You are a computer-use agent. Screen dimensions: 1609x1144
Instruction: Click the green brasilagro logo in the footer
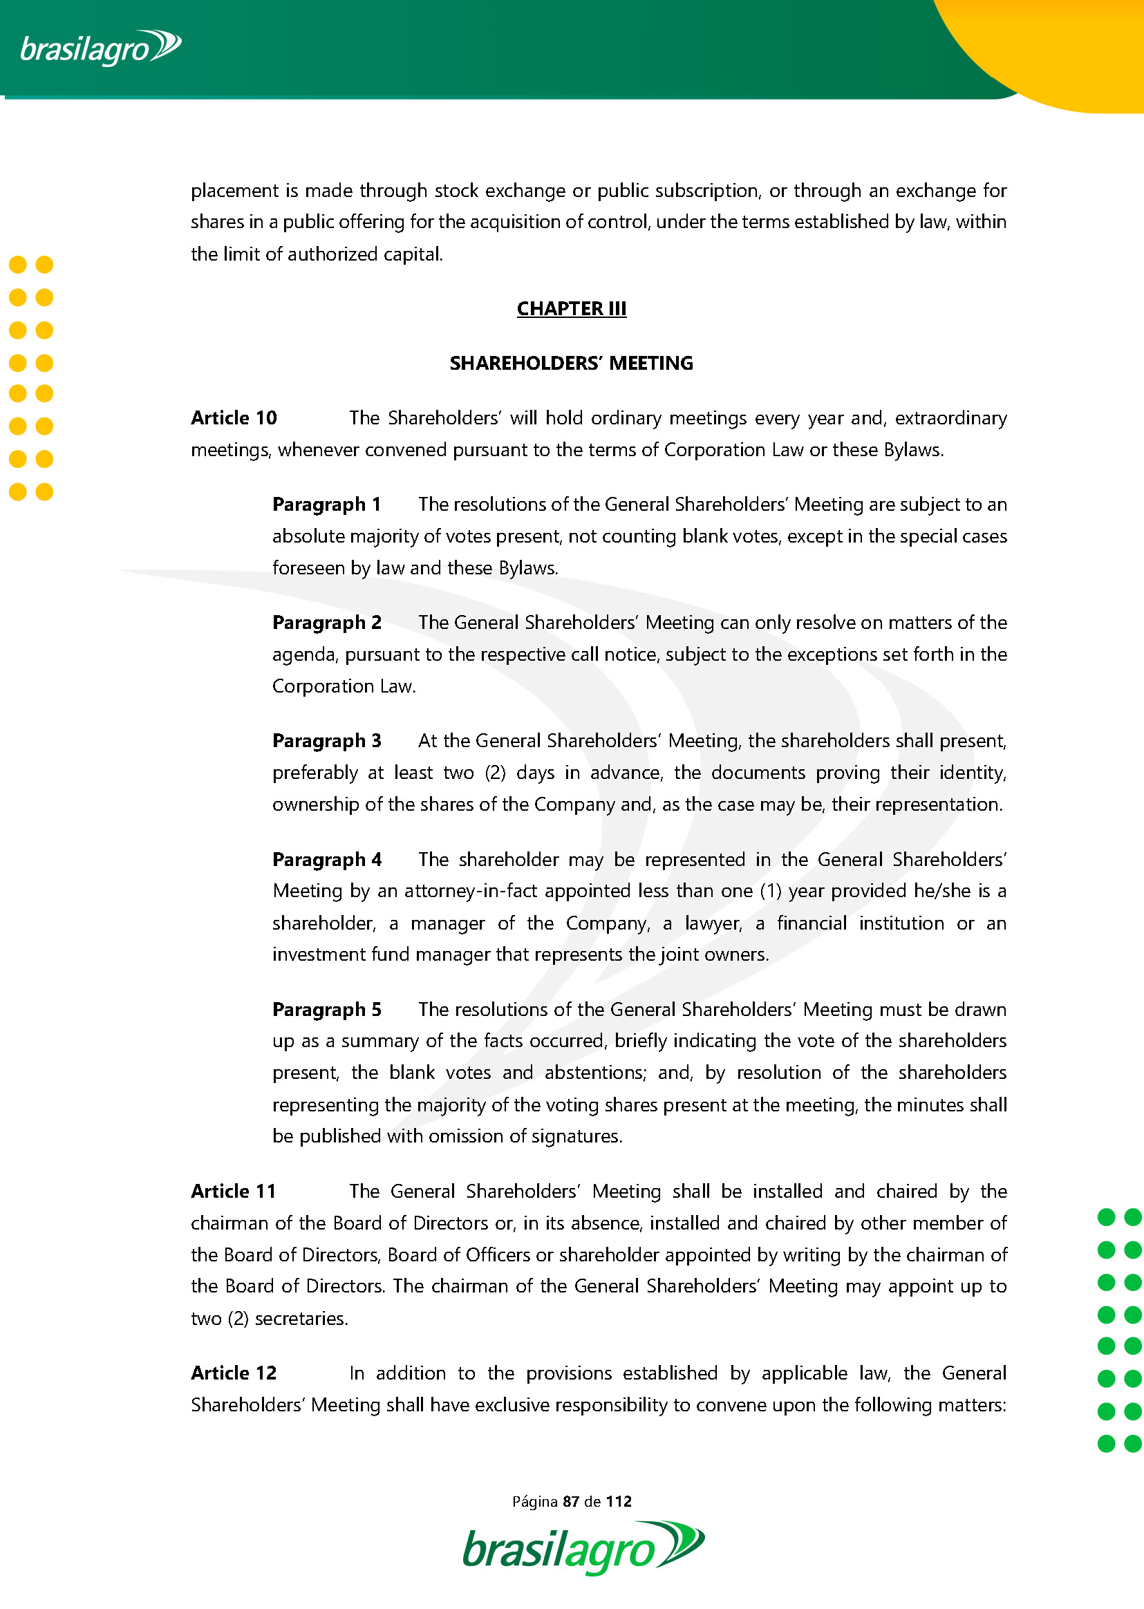(x=583, y=1550)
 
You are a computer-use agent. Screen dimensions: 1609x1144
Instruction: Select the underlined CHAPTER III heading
(x=571, y=308)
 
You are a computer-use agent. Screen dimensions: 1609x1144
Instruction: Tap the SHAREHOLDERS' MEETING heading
(x=571, y=364)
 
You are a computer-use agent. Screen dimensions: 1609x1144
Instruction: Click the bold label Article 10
(x=234, y=418)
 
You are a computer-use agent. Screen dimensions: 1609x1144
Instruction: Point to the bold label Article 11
(x=233, y=1192)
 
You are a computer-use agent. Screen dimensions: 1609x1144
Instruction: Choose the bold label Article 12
(x=234, y=1373)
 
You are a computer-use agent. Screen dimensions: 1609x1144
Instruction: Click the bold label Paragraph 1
(x=326, y=505)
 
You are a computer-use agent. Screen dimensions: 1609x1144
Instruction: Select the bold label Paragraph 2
(x=327, y=623)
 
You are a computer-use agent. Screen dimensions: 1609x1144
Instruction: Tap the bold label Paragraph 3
(x=327, y=741)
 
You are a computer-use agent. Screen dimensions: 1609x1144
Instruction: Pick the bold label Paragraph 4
(x=327, y=860)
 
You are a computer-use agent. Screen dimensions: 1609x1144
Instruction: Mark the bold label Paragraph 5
(x=327, y=1010)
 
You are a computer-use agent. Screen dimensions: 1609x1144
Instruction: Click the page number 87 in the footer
(x=570, y=1501)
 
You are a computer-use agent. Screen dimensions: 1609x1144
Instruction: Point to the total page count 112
(x=619, y=1501)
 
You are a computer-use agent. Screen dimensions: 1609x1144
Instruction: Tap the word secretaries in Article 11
(x=301, y=1319)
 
